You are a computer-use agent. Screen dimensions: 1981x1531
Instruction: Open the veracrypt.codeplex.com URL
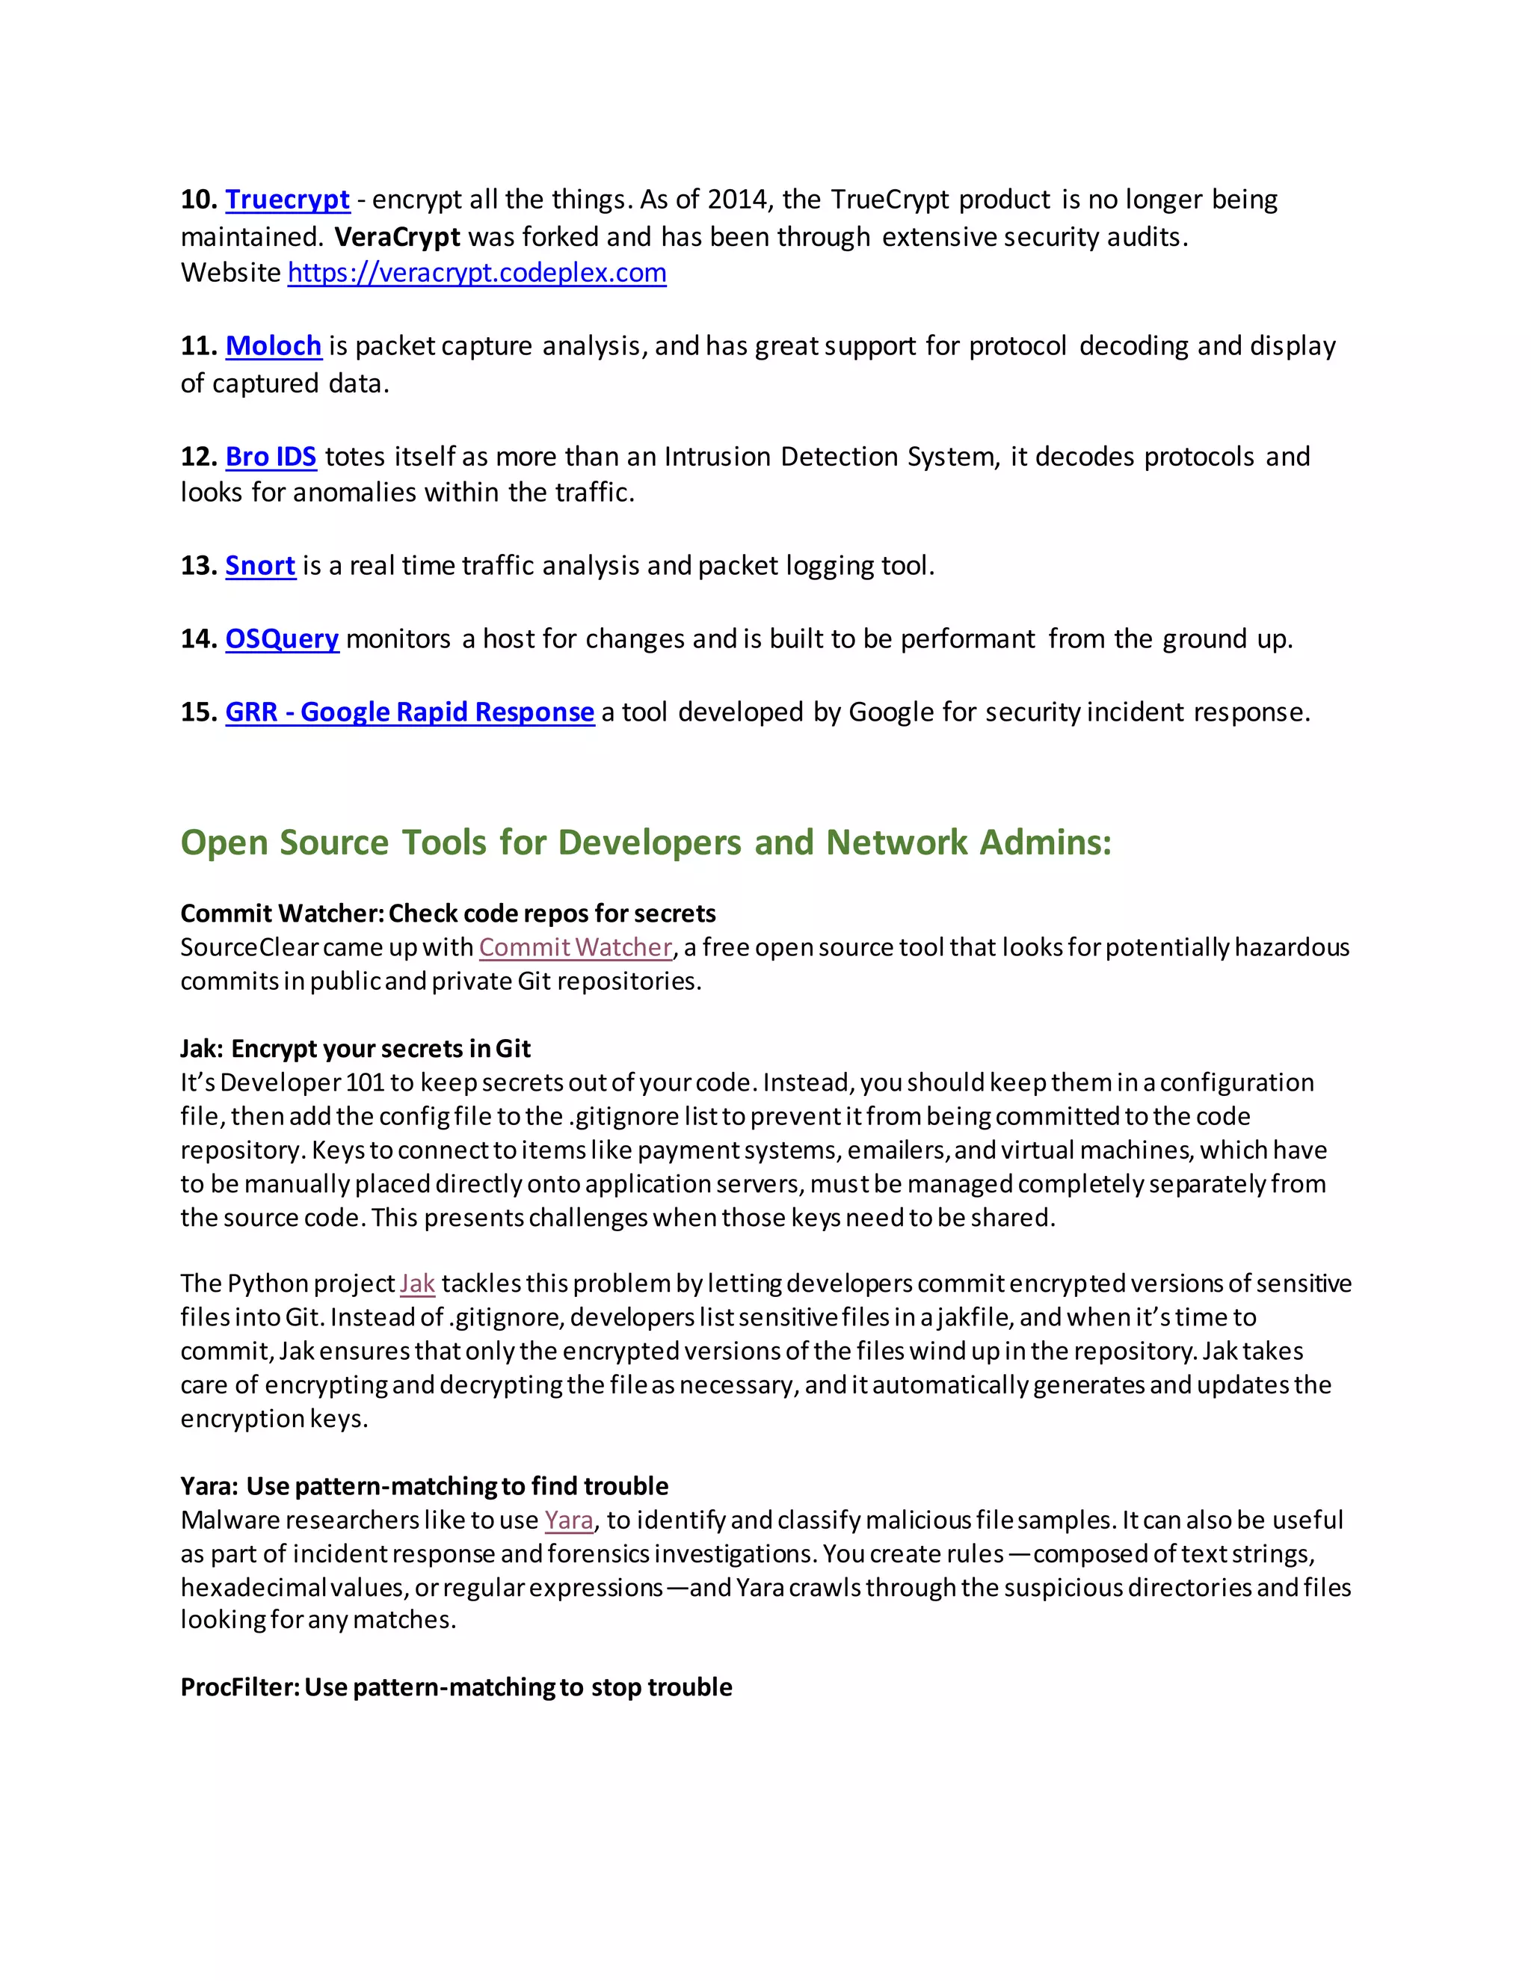click(476, 272)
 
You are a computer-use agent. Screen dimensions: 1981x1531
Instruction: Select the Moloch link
click(273, 345)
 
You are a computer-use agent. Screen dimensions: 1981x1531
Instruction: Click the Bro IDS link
click(271, 456)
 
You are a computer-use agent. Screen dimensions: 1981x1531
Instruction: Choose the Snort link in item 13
click(259, 565)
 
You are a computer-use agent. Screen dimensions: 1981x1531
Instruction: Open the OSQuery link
click(281, 638)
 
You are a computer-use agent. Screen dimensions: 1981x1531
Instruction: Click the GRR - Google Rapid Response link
click(409, 712)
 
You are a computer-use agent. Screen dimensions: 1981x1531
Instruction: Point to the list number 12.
click(197, 456)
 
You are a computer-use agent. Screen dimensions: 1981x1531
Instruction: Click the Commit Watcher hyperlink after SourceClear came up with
click(575, 947)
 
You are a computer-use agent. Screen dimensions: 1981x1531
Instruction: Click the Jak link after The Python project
click(417, 1284)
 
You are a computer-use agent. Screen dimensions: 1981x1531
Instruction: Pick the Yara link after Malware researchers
click(569, 1521)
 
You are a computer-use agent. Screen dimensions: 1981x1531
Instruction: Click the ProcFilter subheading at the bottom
click(455, 1687)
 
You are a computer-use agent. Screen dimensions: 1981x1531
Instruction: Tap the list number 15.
click(197, 712)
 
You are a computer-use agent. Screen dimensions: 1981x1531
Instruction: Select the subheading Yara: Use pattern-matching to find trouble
click(424, 1486)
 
